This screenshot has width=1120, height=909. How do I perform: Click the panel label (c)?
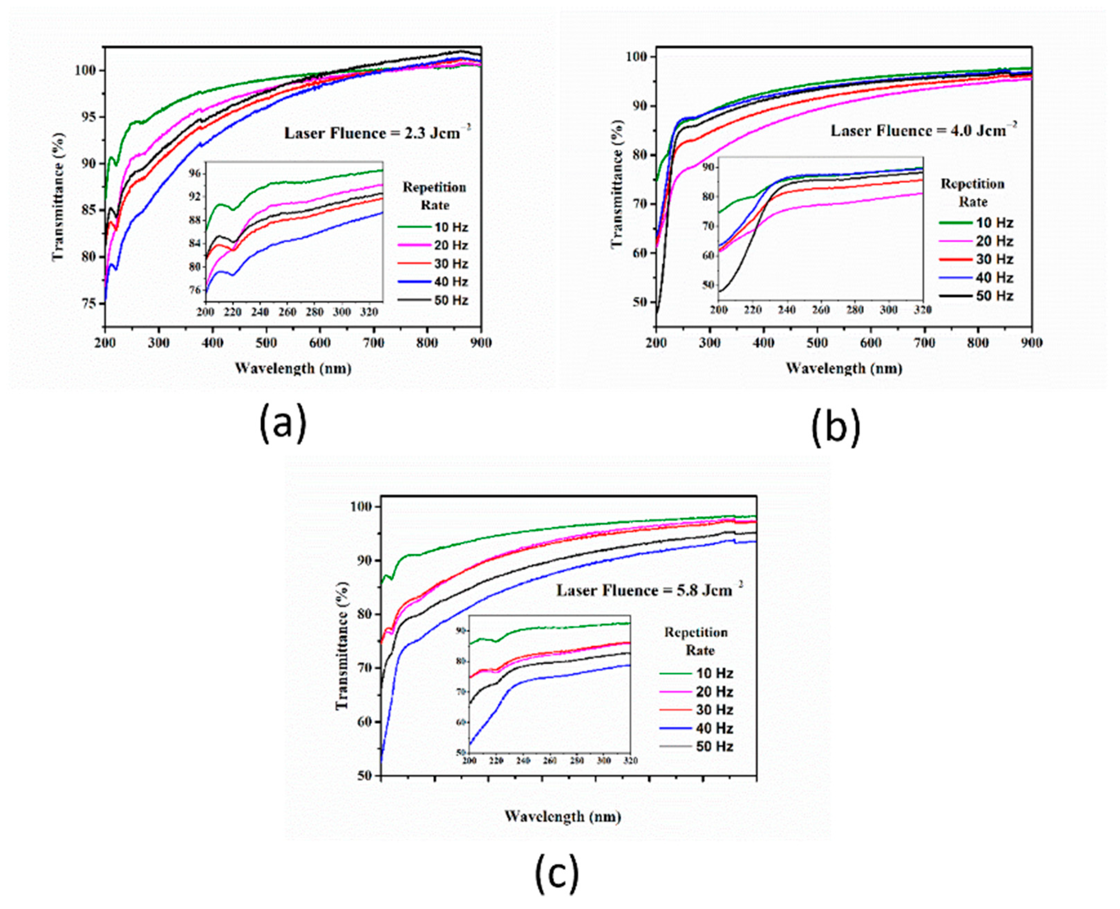click(x=557, y=873)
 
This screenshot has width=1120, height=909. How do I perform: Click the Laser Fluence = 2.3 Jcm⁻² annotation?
click(x=378, y=133)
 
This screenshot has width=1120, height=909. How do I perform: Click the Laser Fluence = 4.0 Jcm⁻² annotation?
click(x=924, y=130)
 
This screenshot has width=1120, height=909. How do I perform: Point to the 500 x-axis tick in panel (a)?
click(x=266, y=343)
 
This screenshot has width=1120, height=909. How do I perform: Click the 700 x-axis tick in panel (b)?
click(x=924, y=343)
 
